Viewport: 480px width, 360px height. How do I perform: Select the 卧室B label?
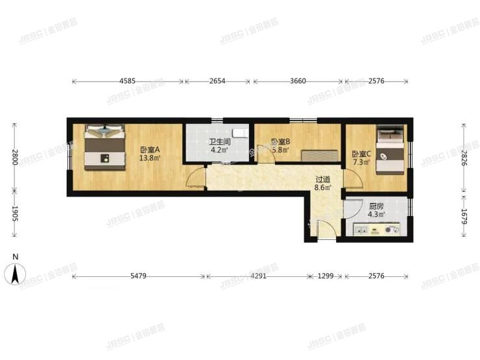click(x=280, y=142)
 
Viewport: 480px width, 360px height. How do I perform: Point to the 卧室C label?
click(x=361, y=154)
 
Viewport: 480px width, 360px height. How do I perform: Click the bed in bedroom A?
click(x=103, y=148)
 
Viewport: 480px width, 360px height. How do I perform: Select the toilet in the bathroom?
click(x=239, y=133)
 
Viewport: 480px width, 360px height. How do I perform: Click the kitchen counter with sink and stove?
click(x=376, y=230)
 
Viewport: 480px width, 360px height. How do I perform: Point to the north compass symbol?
click(x=15, y=273)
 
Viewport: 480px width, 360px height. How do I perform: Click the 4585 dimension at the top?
click(x=127, y=81)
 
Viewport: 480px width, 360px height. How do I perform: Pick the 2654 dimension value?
click(x=217, y=81)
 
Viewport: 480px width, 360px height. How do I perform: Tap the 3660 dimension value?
click(x=297, y=81)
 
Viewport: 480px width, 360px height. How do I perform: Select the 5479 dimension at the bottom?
click(x=138, y=276)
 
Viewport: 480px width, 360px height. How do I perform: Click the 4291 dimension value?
click(x=259, y=276)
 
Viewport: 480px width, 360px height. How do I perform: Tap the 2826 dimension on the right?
click(x=463, y=158)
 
